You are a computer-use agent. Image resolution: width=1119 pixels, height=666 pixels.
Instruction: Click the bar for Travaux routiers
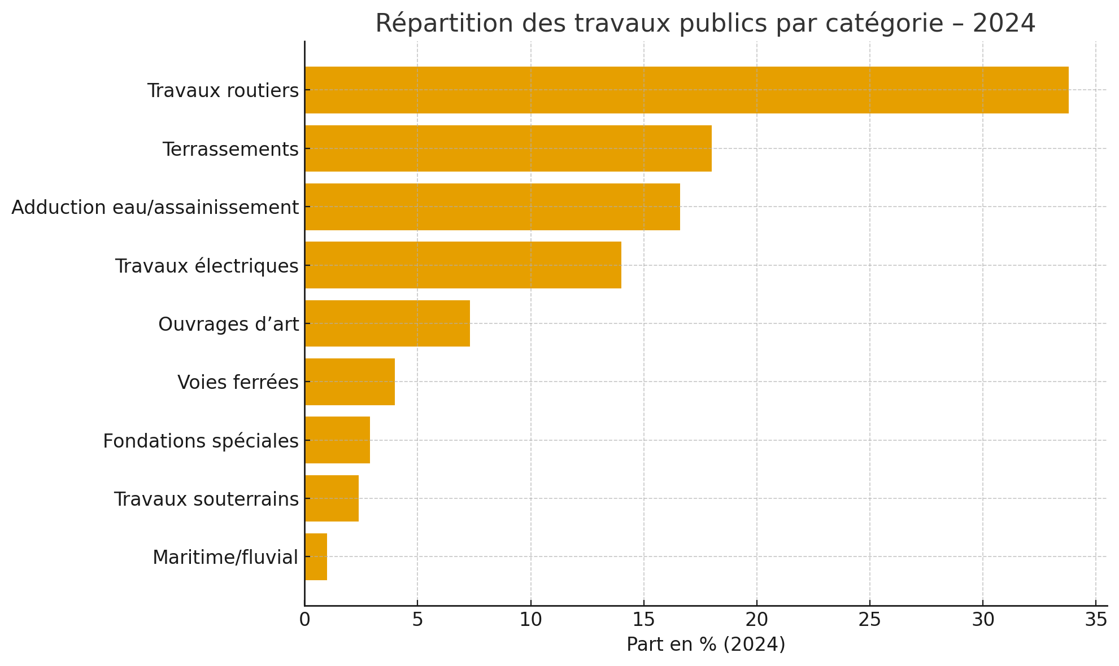(x=686, y=90)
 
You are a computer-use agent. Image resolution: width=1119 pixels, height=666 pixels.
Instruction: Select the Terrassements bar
(x=508, y=148)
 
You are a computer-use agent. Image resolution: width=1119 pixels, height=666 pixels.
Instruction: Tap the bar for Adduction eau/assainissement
(x=492, y=207)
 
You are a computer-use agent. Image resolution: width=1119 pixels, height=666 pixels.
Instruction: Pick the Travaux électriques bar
(x=463, y=265)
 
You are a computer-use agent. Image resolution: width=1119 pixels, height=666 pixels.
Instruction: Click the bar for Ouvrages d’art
(x=387, y=323)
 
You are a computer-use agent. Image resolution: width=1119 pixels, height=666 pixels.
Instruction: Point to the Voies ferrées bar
(x=350, y=382)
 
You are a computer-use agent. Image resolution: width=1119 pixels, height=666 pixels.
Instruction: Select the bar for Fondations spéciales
(x=337, y=440)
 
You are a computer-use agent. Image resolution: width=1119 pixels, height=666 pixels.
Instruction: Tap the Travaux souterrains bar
(x=332, y=498)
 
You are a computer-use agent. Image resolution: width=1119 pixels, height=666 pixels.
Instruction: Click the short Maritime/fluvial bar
(x=316, y=557)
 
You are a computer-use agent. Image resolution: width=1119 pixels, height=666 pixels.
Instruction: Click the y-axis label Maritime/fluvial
(x=225, y=558)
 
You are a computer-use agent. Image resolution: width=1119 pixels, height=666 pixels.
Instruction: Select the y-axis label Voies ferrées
(x=238, y=383)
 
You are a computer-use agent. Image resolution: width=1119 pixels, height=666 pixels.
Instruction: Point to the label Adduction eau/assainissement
(x=155, y=208)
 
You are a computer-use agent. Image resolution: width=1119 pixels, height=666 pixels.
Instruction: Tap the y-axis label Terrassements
(x=230, y=150)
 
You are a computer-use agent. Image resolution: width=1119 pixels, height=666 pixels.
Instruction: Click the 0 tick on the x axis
(x=304, y=620)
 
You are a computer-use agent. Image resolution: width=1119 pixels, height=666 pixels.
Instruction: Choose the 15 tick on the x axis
(x=643, y=620)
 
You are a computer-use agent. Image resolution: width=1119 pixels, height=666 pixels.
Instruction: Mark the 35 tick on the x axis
(x=1096, y=620)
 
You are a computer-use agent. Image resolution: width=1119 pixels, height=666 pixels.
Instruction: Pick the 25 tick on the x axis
(x=870, y=620)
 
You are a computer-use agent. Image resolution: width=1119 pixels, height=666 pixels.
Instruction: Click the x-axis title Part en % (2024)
(x=706, y=645)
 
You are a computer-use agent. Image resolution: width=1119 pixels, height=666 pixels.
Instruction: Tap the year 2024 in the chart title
(x=1004, y=24)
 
